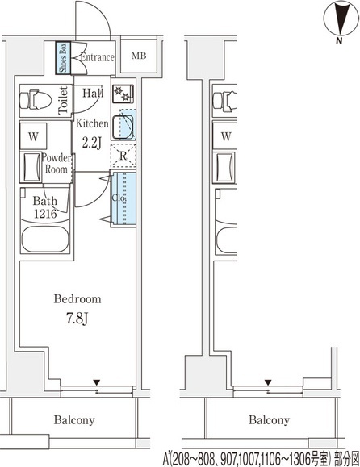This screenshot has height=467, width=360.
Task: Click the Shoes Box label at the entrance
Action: (x=63, y=58)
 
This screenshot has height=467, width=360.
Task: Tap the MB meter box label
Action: (x=139, y=56)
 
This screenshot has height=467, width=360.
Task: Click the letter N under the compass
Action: (x=339, y=41)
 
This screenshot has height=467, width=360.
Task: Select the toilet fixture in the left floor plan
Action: (x=36, y=100)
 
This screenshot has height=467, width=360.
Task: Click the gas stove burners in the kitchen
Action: (x=123, y=94)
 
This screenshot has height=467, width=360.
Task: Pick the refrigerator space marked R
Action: (x=123, y=156)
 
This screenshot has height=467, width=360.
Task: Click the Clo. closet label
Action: (x=119, y=198)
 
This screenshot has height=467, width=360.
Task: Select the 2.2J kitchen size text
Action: (x=92, y=143)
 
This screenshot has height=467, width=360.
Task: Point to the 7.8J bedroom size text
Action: (x=77, y=319)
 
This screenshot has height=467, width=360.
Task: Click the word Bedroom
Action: (x=77, y=299)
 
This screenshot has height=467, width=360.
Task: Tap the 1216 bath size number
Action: (x=45, y=214)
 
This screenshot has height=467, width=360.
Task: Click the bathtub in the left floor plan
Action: (x=45, y=240)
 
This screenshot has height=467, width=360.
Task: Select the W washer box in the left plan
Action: (x=33, y=136)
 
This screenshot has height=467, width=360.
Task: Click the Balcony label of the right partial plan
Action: (x=269, y=420)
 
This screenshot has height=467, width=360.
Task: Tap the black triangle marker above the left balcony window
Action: (x=96, y=382)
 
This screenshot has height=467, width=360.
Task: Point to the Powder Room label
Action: (x=56, y=164)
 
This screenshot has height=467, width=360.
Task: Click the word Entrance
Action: (x=98, y=57)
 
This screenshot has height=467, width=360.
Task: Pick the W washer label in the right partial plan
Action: (x=226, y=136)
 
